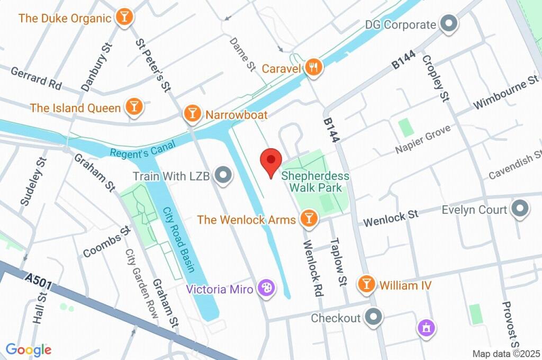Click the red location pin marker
tap(271, 160)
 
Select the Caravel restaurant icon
tap(314, 67)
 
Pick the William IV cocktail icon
tap(366, 284)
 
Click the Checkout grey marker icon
tap(374, 317)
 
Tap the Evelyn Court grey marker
tap(519, 209)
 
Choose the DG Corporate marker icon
tap(449, 24)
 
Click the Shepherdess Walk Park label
tap(315, 181)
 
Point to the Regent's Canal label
tap(135, 152)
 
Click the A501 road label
tap(38, 281)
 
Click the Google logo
tap(29, 349)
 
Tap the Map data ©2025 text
tap(505, 354)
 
